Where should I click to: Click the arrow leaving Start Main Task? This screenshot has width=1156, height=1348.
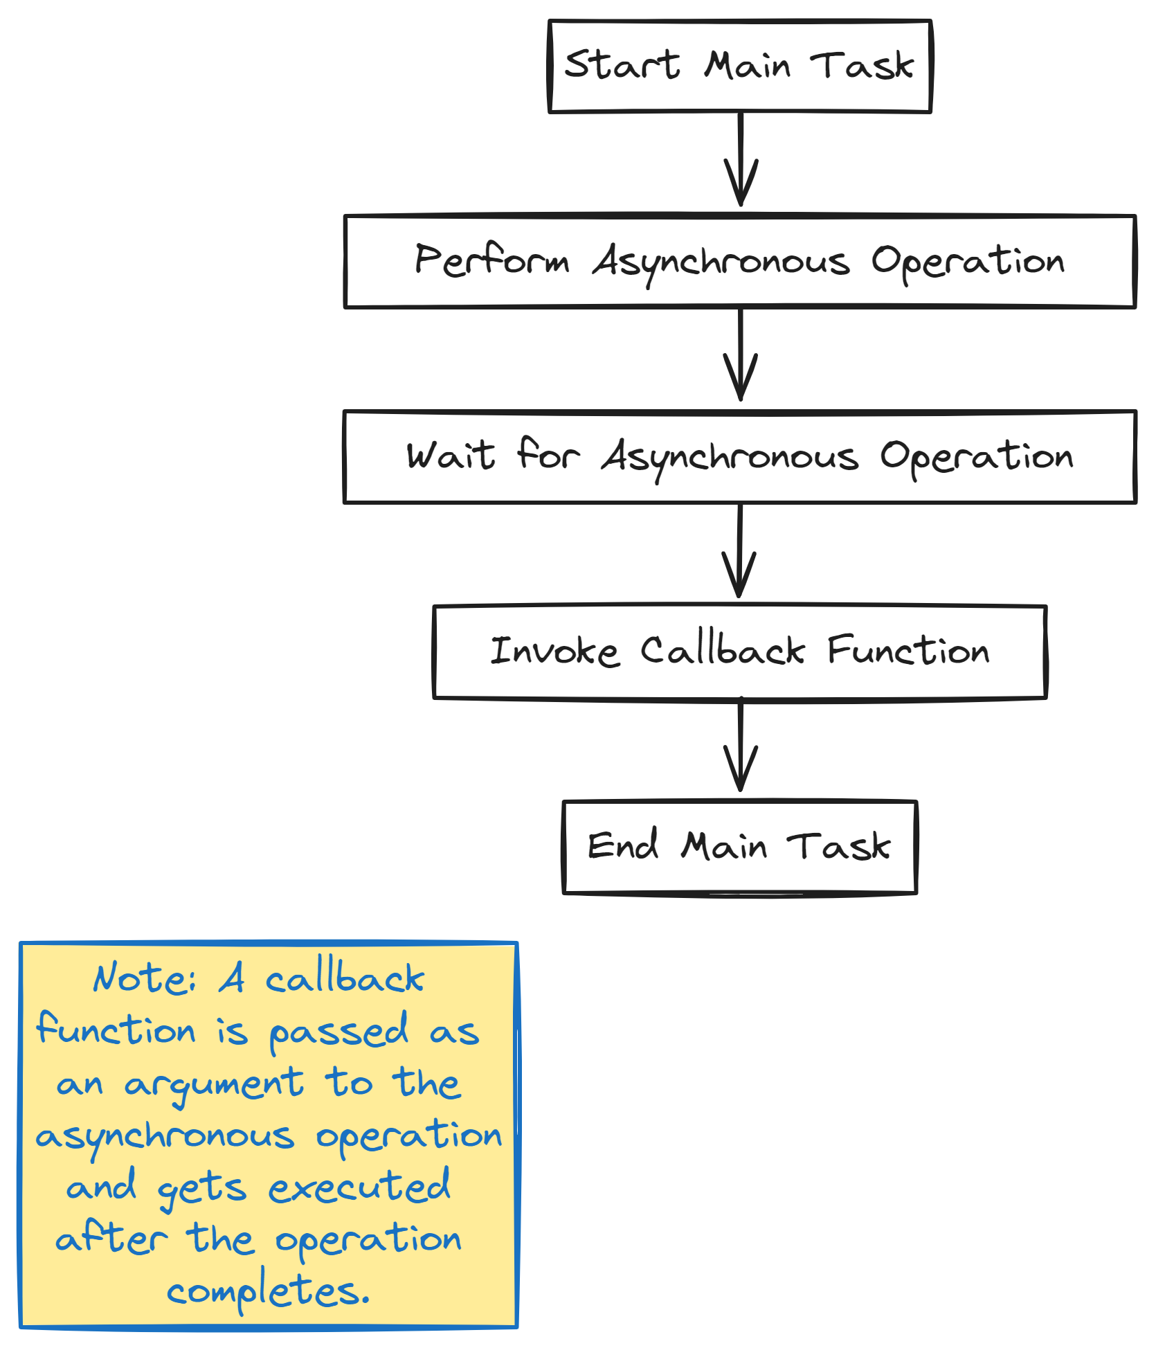(x=741, y=159)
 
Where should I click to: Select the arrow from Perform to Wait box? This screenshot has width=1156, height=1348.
(x=741, y=354)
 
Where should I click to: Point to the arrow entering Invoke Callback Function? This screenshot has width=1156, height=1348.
(x=740, y=551)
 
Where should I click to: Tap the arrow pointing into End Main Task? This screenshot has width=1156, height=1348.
(x=741, y=746)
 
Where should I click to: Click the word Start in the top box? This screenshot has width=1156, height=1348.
(x=622, y=64)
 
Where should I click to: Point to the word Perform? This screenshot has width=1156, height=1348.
(x=492, y=260)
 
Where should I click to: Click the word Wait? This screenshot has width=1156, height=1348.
(x=451, y=456)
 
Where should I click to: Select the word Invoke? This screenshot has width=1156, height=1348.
(x=554, y=651)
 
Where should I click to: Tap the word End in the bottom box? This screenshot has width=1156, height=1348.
(x=623, y=846)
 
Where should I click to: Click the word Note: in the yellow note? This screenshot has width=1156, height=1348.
(x=145, y=978)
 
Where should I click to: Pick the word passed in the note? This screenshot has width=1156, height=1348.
(x=338, y=1032)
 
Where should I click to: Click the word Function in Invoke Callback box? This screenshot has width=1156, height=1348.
(x=908, y=651)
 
